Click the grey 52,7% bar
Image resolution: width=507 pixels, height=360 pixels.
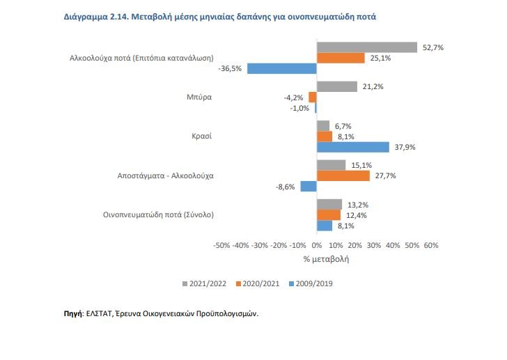click(367, 47)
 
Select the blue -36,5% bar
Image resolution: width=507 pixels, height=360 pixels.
click(282, 68)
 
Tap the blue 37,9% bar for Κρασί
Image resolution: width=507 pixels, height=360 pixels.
click(353, 147)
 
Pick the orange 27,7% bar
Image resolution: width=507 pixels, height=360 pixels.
click(343, 176)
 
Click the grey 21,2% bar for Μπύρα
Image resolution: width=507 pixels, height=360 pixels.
click(337, 86)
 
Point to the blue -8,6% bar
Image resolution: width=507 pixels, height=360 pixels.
click(309, 187)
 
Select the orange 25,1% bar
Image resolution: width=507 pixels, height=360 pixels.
click(341, 58)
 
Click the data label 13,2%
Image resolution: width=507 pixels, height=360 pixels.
click(357, 204)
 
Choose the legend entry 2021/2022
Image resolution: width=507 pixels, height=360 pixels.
click(205, 283)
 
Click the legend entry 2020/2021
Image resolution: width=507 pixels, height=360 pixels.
click(258, 283)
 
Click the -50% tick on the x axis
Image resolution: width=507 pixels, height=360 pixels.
click(221, 245)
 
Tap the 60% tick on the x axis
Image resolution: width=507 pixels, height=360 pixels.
click(430, 245)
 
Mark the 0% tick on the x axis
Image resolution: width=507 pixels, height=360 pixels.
click(317, 245)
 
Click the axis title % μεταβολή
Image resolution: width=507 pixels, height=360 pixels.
click(326, 259)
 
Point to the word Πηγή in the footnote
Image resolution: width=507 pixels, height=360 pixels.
click(72, 315)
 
